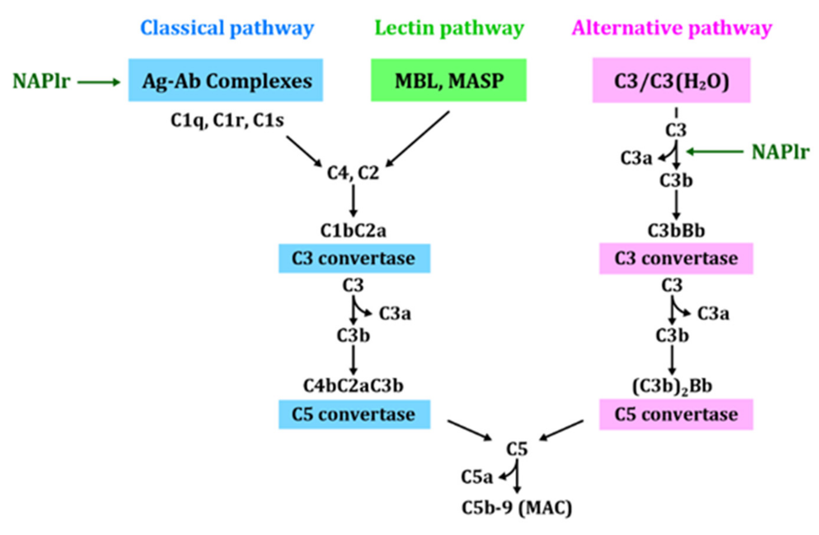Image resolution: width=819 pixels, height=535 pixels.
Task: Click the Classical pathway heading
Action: pyautogui.click(x=227, y=28)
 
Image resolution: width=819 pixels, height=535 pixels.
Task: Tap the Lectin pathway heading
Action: pyautogui.click(x=449, y=28)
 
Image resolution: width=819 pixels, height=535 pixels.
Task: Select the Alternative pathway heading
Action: pyautogui.click(x=672, y=28)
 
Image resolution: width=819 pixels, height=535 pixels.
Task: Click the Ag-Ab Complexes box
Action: pyautogui.click(x=226, y=80)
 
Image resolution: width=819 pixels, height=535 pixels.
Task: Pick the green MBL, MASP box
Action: pyautogui.click(x=449, y=80)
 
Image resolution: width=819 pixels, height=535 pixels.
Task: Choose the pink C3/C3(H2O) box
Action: pyautogui.click(x=671, y=80)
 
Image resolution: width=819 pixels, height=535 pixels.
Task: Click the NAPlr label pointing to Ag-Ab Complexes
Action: pyautogui.click(x=41, y=81)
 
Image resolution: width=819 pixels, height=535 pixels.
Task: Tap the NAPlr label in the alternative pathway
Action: pyautogui.click(x=780, y=152)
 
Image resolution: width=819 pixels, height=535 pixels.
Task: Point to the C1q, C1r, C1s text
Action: pyautogui.click(x=227, y=121)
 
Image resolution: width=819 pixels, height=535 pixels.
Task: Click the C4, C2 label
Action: pyautogui.click(x=353, y=173)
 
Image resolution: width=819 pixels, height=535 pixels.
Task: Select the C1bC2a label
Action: pyautogui.click(x=353, y=231)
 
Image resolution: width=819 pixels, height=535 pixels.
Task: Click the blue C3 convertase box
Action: pyautogui.click(x=354, y=258)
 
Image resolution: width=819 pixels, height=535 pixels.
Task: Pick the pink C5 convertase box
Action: pyautogui.click(x=676, y=414)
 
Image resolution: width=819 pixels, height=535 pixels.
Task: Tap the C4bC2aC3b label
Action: pyautogui.click(x=353, y=386)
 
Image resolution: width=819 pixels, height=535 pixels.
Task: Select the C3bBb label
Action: pyautogui.click(x=676, y=231)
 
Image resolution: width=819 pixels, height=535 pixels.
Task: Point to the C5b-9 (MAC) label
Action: pyautogui.click(x=517, y=508)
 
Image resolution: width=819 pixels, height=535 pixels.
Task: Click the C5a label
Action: pyautogui.click(x=477, y=477)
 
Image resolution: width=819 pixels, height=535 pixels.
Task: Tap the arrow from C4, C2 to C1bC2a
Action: pyautogui.click(x=353, y=201)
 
